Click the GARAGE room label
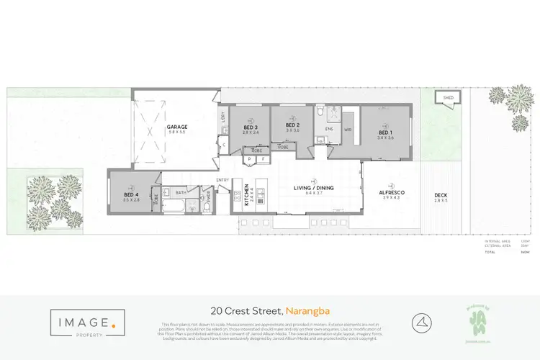[177, 126]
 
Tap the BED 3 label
[250, 128]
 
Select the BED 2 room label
[292, 127]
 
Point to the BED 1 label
[385, 133]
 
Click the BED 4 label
[130, 194]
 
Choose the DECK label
[441, 196]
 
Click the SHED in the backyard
[448, 97]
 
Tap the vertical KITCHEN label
[247, 194]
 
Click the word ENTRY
[222, 180]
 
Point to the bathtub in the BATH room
[175, 207]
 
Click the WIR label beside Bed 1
[347, 130]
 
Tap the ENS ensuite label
[328, 128]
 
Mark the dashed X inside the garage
[150, 132]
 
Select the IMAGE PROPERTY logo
[84, 322]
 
